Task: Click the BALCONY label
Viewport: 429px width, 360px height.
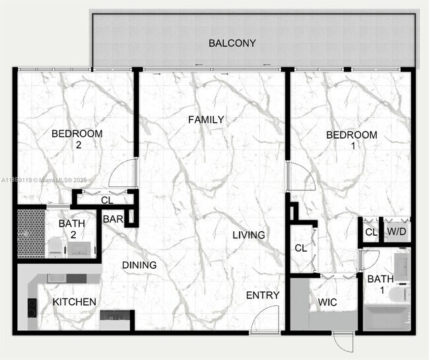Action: point(232,44)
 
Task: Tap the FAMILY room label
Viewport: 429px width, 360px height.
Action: point(206,120)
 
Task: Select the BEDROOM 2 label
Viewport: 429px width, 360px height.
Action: point(77,139)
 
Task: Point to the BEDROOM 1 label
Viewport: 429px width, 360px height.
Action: point(352,140)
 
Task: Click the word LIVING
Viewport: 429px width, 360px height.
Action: point(249,234)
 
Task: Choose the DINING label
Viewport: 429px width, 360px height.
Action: point(139,265)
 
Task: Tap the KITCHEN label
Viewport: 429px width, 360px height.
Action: point(75,302)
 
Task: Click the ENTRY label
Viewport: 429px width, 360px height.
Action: point(263,295)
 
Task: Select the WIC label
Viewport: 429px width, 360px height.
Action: point(327,302)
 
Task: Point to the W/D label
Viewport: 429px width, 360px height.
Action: point(396,232)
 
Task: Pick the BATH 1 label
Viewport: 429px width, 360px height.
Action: point(380,284)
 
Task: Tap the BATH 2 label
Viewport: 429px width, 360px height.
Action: point(71,229)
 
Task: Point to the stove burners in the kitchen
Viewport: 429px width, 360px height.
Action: point(31,308)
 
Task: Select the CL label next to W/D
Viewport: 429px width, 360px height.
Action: point(371,232)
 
